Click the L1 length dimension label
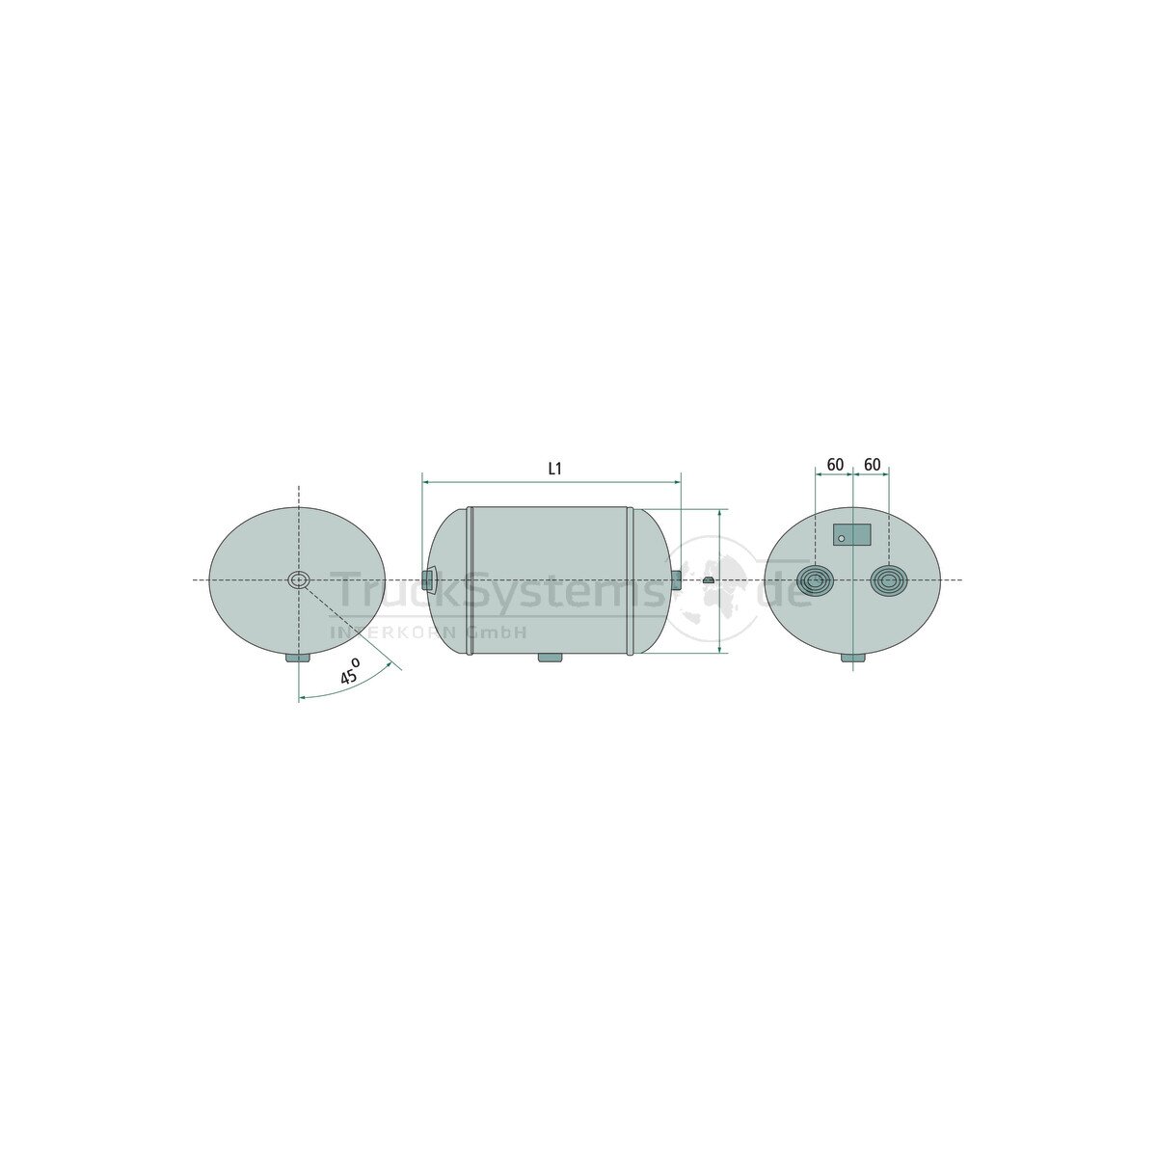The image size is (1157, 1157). (x=554, y=469)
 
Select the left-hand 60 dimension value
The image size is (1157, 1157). (x=835, y=465)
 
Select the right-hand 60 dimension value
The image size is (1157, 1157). (x=872, y=465)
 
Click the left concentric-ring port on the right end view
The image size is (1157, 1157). (x=815, y=580)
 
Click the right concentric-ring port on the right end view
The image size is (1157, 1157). (x=889, y=580)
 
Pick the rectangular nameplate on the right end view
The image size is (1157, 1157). (x=852, y=534)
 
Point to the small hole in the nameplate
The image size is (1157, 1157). (x=842, y=539)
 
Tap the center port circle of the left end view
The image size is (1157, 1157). (x=298, y=580)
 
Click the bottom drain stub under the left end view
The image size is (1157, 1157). (x=298, y=659)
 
